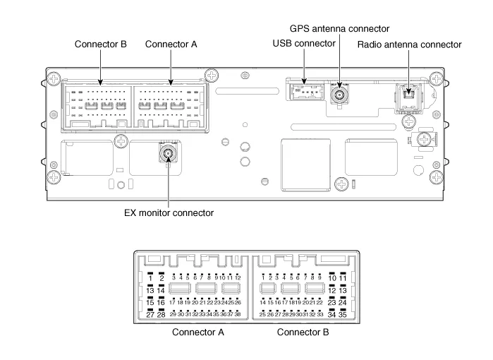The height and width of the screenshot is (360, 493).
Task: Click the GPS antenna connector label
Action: [339, 28]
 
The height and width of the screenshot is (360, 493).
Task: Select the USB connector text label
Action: [303, 44]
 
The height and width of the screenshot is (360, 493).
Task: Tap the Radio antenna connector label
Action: [409, 44]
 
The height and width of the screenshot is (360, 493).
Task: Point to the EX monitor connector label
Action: [169, 212]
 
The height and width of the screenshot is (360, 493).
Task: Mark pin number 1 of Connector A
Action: [150, 278]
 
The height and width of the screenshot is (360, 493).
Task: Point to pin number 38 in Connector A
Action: [238, 313]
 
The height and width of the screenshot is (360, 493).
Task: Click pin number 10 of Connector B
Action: [332, 278]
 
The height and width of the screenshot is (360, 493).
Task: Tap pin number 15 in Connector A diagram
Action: [150, 302]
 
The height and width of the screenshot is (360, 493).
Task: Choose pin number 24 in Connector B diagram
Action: [343, 302]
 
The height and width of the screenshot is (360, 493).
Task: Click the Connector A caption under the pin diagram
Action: [197, 332]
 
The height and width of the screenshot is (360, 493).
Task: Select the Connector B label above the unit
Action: [100, 44]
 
